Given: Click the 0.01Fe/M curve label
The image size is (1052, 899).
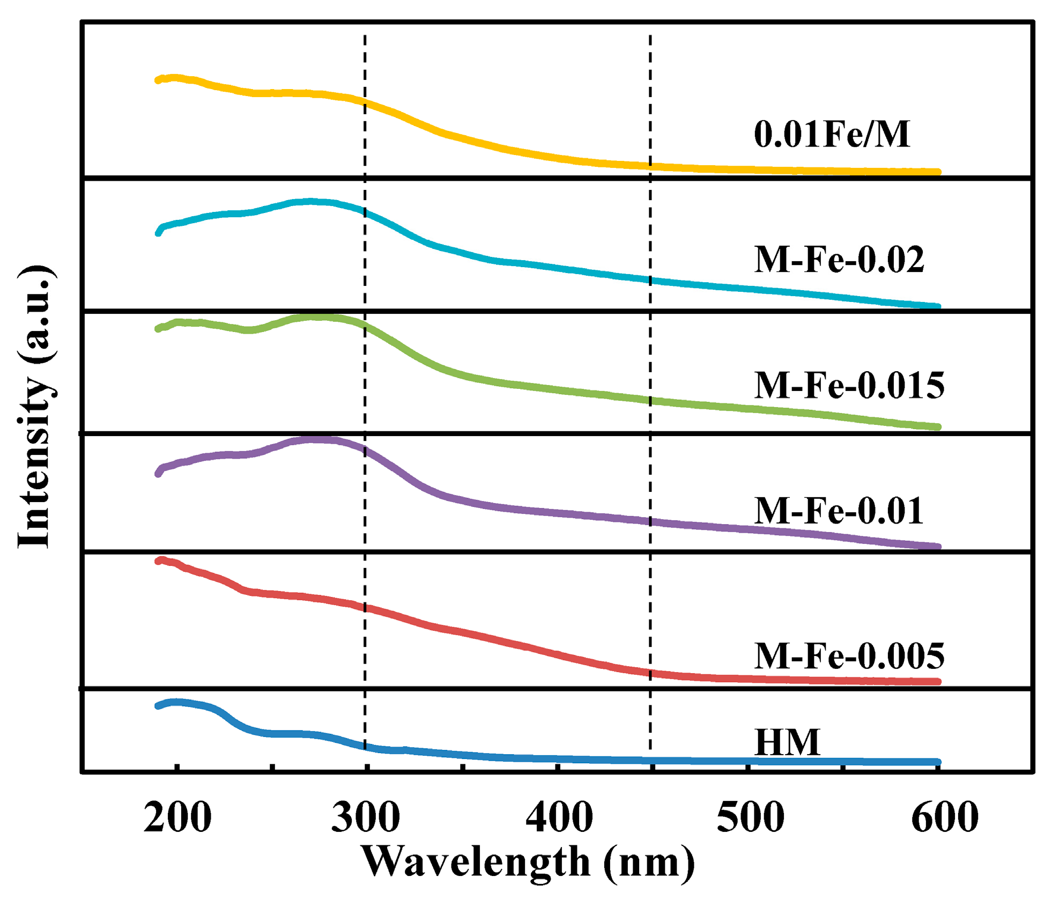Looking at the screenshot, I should [831, 134].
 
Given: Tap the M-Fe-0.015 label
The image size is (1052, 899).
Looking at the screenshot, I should [849, 385].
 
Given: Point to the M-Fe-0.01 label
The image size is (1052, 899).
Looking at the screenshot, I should [839, 511].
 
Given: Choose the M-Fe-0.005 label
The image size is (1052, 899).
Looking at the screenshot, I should [849, 655].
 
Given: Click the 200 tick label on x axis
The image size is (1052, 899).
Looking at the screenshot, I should [177, 818].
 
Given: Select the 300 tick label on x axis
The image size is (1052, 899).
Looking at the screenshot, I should [366, 818].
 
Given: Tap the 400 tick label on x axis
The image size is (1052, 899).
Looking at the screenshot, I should [559, 818].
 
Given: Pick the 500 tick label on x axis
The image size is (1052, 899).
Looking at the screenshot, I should [750, 818].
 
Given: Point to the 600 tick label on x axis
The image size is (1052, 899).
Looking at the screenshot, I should [945, 818].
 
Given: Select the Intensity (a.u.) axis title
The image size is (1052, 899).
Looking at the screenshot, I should [35, 406].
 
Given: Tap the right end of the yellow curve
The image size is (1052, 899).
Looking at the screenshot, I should [938, 172].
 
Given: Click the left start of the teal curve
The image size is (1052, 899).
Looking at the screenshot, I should [158, 233].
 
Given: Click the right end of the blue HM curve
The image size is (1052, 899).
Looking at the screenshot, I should [938, 762].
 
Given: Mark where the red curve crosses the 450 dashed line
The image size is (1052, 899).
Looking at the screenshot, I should [650, 673].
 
